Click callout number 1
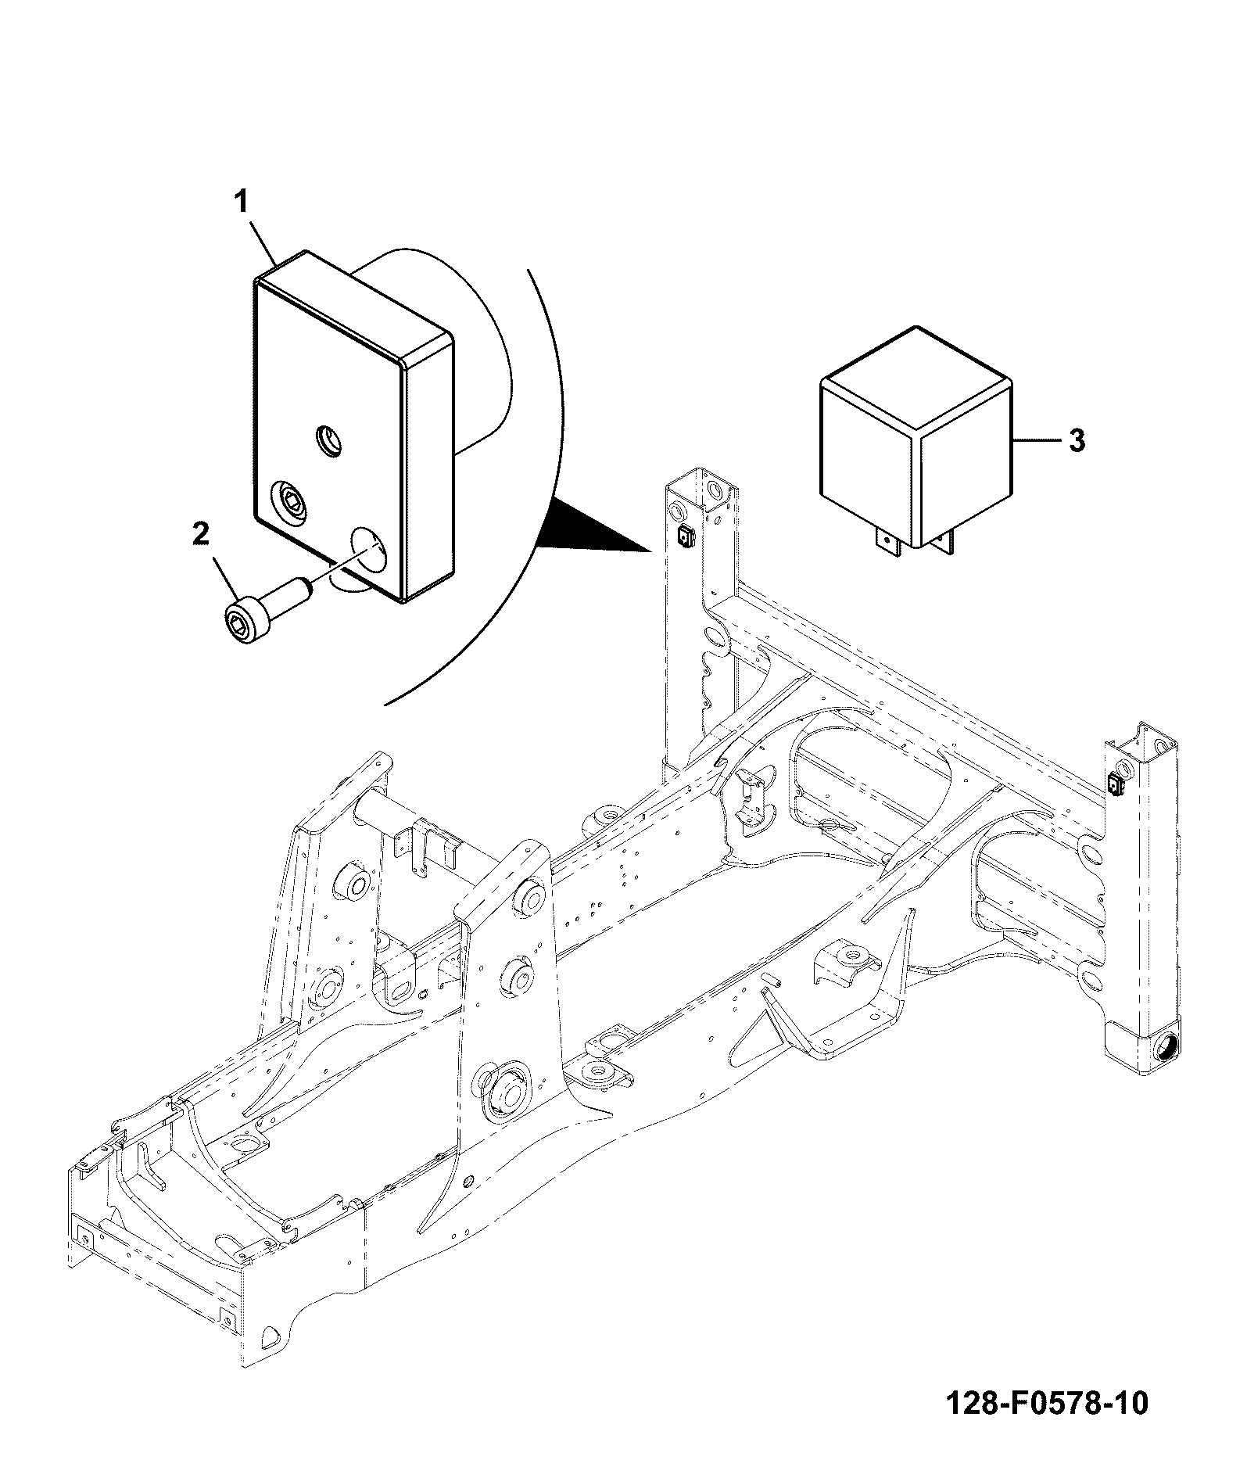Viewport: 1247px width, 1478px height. (x=242, y=203)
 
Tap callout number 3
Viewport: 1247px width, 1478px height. (x=1077, y=441)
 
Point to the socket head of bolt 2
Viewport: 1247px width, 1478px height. (x=243, y=622)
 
